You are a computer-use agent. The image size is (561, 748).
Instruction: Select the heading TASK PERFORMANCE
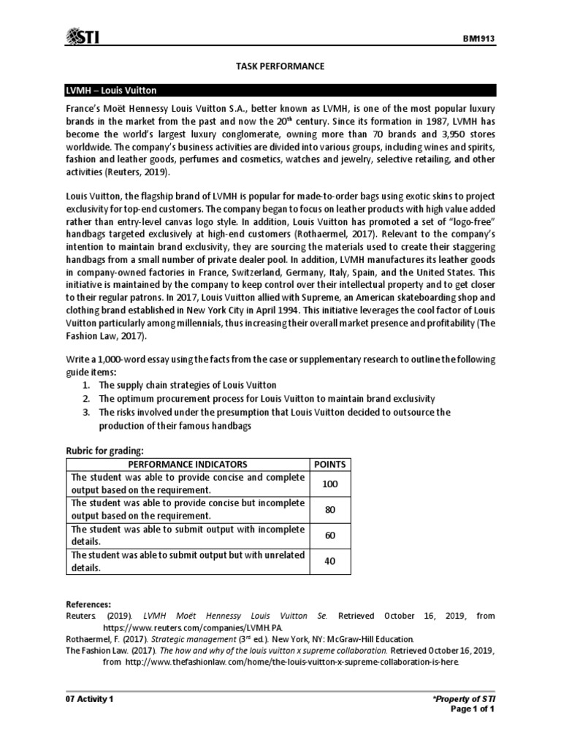tap(280, 66)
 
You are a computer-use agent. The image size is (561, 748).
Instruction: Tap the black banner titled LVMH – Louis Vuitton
tap(280, 91)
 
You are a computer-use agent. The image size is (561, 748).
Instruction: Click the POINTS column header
tap(329, 464)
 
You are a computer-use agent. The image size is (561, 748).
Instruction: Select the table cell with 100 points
tap(329, 484)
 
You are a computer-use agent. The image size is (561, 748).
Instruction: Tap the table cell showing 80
tap(329, 509)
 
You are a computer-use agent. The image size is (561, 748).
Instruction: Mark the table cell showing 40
tap(329, 561)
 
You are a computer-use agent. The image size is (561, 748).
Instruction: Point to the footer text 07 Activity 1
tap(90, 698)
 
